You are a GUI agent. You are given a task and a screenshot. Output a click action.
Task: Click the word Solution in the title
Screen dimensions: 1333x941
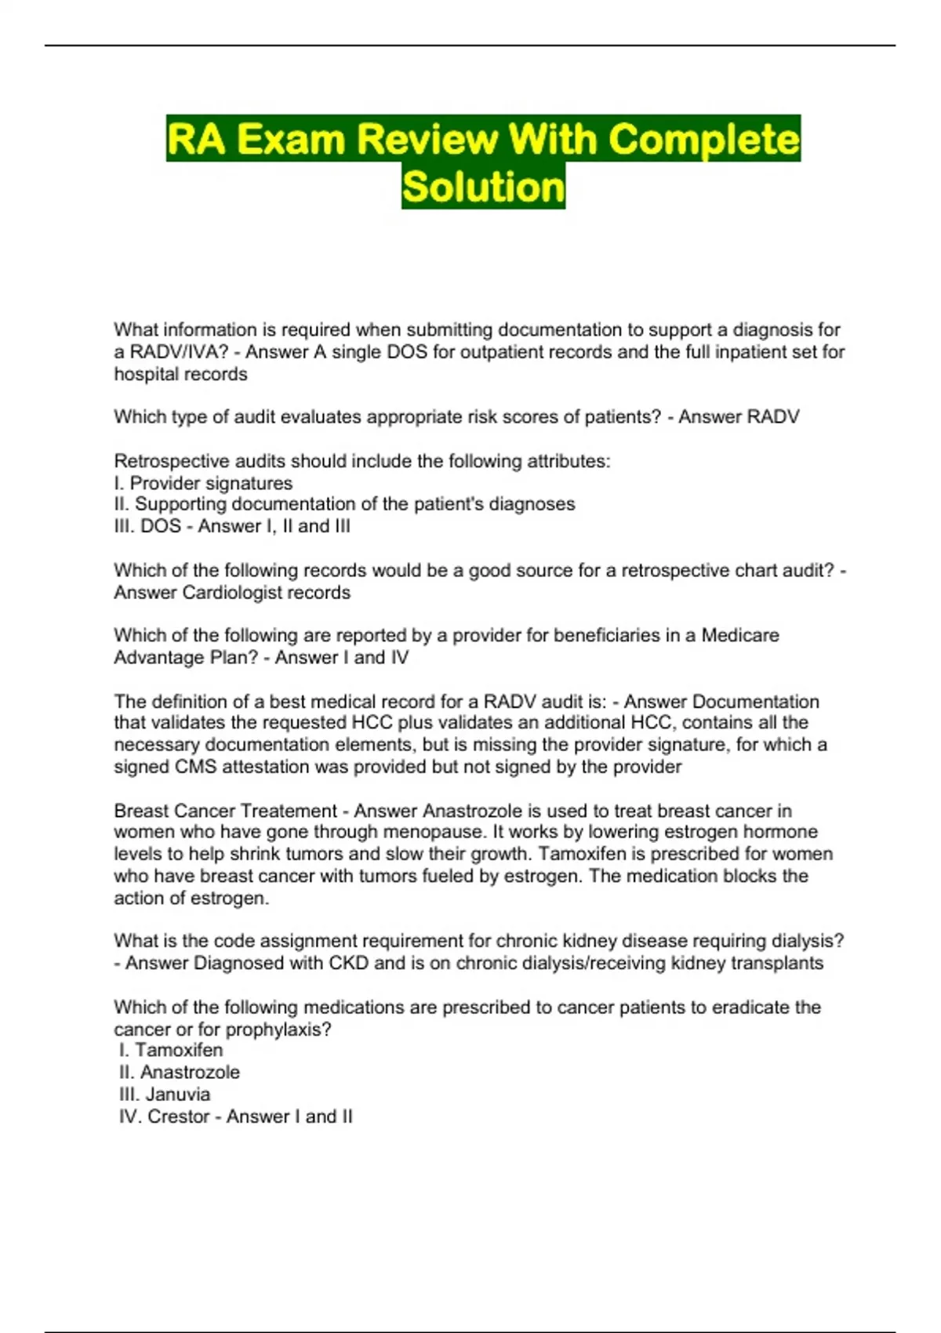pyautogui.click(x=483, y=187)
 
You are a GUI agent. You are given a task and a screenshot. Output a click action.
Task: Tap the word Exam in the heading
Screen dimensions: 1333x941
pyautogui.click(x=291, y=140)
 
